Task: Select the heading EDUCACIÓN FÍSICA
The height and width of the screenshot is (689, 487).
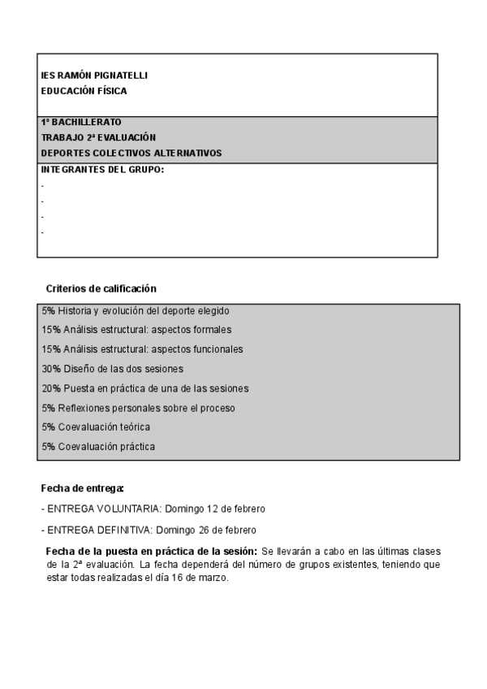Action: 84,91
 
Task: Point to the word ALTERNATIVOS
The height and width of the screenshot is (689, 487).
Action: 186,153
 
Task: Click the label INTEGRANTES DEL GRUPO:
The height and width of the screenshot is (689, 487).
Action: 102,169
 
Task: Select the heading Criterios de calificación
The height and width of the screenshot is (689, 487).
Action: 101,288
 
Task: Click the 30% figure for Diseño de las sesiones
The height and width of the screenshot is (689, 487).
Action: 50,369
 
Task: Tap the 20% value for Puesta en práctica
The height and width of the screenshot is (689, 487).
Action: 50,388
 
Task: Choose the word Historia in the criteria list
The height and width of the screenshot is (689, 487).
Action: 75,310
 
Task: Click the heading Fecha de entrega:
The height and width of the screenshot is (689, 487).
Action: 82,488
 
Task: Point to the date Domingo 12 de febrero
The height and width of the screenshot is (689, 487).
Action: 215,509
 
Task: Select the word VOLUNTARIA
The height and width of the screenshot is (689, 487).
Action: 128,509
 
